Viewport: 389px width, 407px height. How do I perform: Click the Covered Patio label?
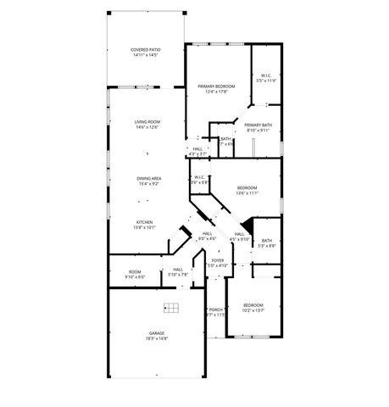coord(147,50)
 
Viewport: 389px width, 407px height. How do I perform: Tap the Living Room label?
coord(147,122)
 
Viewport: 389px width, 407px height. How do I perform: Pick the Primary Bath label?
coord(258,125)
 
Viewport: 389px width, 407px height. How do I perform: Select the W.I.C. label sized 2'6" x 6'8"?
coord(199,177)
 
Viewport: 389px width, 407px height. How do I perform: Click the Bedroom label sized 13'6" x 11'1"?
coord(247,187)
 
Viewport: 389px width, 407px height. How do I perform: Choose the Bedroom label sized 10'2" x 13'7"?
coord(253,305)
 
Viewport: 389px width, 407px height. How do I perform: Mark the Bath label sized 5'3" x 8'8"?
coord(266,242)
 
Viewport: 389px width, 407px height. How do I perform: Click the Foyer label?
coord(218,260)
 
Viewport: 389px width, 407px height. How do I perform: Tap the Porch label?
coord(216,309)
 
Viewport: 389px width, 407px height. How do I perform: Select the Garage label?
coord(157,333)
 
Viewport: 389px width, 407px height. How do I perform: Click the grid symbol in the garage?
coord(170,308)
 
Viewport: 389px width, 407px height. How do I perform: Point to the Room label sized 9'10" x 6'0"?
coord(135,272)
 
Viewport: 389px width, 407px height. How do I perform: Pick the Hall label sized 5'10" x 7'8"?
coord(178,270)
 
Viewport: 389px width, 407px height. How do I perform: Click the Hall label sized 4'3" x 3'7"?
coord(197,149)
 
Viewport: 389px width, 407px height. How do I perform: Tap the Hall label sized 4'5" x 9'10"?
coord(239,234)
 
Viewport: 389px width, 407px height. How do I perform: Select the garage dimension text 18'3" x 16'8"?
coord(157,338)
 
